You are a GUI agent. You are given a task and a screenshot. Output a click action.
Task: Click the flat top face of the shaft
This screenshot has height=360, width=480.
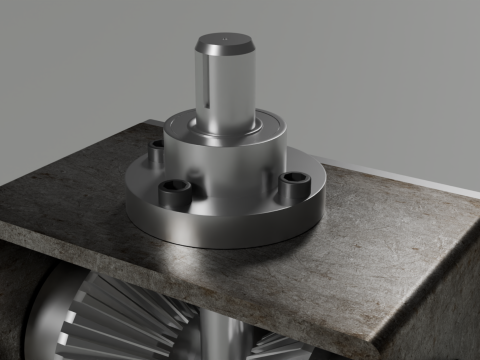(x=226, y=42)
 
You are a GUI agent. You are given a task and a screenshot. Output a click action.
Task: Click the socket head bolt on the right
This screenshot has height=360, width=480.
(x=294, y=186)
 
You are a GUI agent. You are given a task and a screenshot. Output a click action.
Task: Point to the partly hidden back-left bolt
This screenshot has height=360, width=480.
(x=156, y=152)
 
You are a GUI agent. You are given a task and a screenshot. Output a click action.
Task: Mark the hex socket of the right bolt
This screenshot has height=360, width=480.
(x=295, y=180)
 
